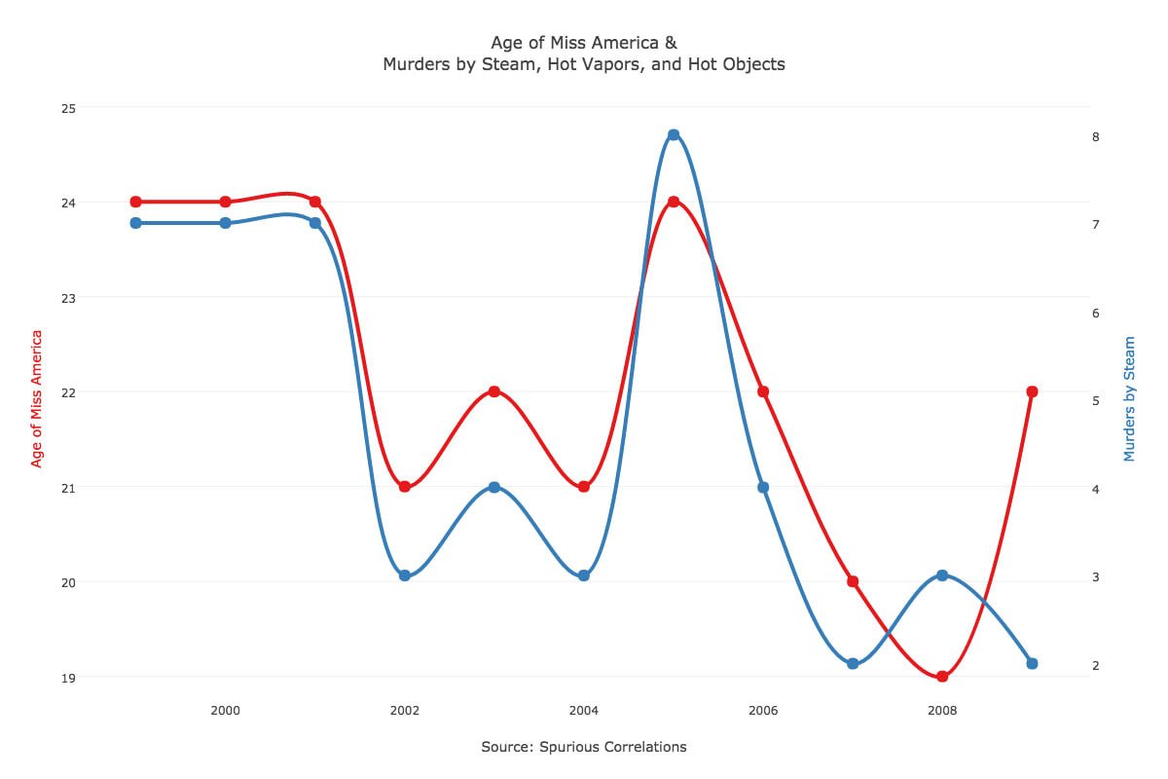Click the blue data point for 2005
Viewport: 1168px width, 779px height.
click(674, 134)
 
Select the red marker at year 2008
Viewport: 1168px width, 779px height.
click(942, 676)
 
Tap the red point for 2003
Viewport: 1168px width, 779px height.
click(494, 391)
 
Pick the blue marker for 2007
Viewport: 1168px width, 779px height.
click(853, 664)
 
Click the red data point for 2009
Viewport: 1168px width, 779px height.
click(1032, 391)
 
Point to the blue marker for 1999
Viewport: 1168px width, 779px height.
click(136, 223)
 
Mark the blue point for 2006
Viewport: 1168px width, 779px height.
click(763, 487)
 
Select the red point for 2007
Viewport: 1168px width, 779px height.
click(853, 581)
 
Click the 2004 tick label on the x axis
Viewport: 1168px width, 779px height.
click(583, 710)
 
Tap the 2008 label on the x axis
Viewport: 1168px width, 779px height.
click(942, 710)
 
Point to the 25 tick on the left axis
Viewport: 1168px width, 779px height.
click(68, 108)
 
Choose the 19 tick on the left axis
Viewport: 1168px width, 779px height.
click(68, 679)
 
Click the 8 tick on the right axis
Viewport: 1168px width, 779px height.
click(1096, 136)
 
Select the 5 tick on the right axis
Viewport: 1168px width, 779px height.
click(1096, 401)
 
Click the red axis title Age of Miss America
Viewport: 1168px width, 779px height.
click(35, 398)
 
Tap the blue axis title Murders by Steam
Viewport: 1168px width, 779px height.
click(1129, 398)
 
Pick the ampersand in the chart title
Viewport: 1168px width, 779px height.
click(671, 42)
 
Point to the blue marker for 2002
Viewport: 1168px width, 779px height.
click(405, 575)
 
